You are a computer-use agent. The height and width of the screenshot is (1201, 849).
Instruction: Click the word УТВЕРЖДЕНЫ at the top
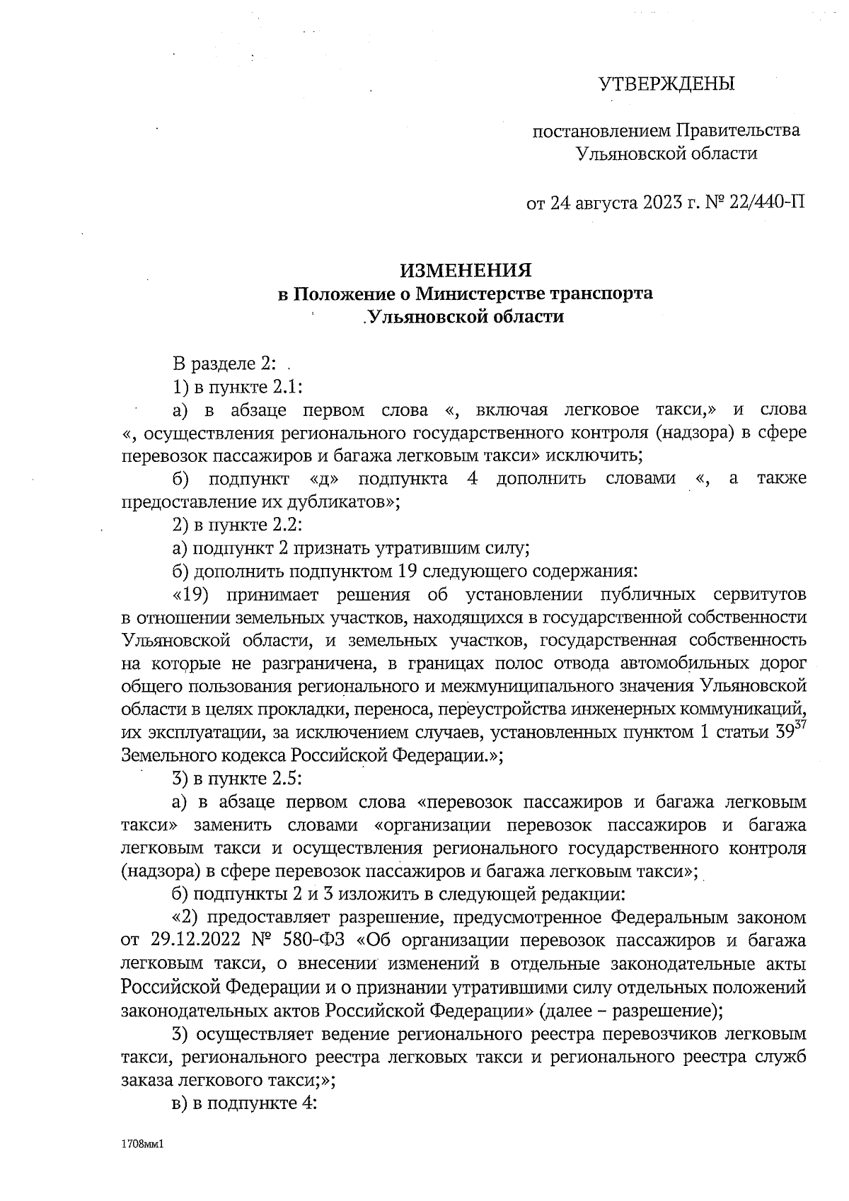pyautogui.click(x=666, y=85)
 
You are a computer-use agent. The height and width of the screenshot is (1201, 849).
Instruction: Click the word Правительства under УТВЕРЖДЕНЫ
pyautogui.click(x=739, y=131)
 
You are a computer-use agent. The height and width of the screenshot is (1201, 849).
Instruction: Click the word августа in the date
pyautogui.click(x=603, y=204)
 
